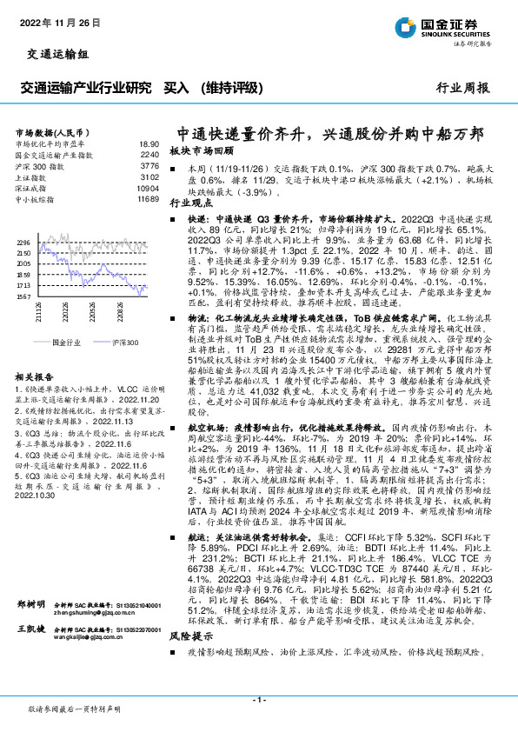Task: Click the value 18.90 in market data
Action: coord(148,144)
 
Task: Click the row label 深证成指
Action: coord(34,187)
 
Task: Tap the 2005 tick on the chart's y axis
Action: coord(23,263)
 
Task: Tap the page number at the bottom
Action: coord(258,698)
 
